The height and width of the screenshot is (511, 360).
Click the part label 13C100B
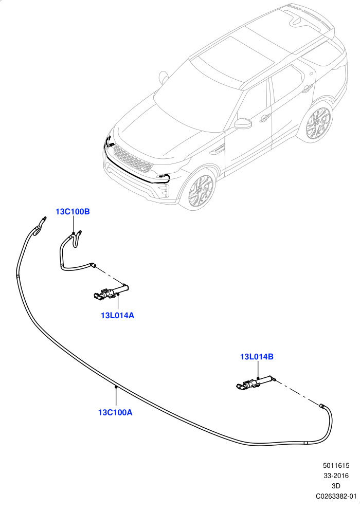[x=73, y=211]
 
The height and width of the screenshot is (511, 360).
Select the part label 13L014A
[x=117, y=316]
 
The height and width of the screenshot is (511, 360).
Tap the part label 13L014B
[x=257, y=357]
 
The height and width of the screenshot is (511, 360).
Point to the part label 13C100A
[x=115, y=412]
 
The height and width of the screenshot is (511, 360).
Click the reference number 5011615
[x=336, y=466]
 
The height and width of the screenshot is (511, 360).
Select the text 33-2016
[x=336, y=476]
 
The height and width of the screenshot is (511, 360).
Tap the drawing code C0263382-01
[x=336, y=496]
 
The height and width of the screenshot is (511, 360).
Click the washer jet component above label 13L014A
[x=111, y=291]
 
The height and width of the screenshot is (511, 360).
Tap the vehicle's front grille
[x=133, y=159]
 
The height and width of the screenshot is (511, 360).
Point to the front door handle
[x=265, y=118]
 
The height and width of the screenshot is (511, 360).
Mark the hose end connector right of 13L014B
[x=321, y=406]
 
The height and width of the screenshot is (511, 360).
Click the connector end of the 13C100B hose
[x=93, y=265]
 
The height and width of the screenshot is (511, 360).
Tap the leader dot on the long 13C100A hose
[x=116, y=387]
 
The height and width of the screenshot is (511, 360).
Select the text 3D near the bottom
[x=336, y=486]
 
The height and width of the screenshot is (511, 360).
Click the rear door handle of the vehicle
[x=307, y=88]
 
